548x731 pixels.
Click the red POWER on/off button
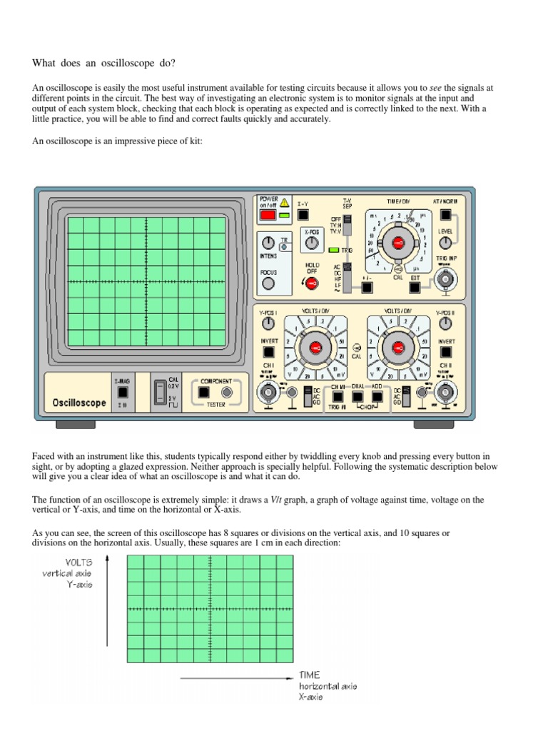coord(268,214)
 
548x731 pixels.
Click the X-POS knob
coord(311,244)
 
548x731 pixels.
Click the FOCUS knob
coord(268,283)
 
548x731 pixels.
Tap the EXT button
coord(415,288)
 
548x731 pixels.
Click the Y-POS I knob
coord(268,324)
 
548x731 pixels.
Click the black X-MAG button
coord(122,392)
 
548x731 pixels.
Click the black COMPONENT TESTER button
coord(203,392)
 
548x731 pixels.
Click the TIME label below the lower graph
coord(310,674)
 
